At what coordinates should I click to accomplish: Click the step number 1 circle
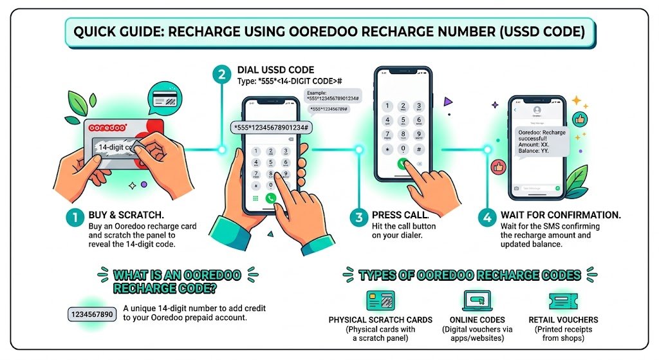(74, 218)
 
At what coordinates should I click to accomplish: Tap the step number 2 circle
(221, 75)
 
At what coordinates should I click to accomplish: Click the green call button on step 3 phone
(403, 164)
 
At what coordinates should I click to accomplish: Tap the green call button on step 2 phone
(270, 198)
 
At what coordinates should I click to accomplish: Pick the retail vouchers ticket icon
(563, 301)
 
